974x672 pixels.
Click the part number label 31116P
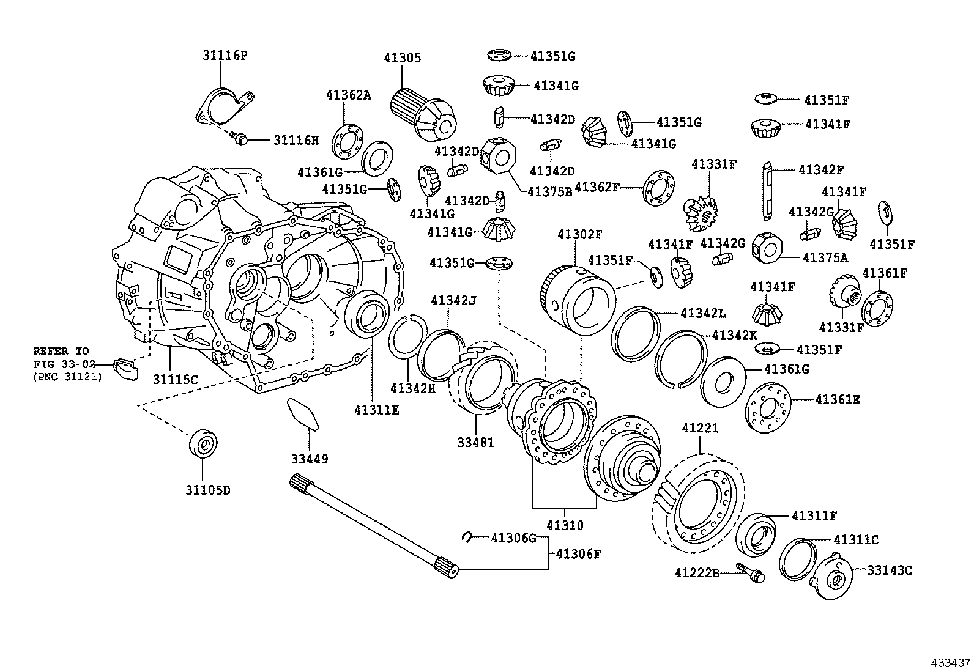tap(225, 56)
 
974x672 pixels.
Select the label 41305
tap(402, 58)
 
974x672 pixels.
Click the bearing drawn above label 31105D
tap(204, 444)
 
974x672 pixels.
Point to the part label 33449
tap(309, 459)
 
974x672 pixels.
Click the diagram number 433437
tap(951, 662)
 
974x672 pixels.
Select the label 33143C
tap(890, 570)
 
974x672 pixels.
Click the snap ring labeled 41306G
tap(466, 537)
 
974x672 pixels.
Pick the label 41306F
tap(578, 554)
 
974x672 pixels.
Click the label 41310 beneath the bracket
tap(565, 525)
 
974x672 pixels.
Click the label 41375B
tap(549, 191)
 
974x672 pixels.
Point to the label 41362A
tap(348, 95)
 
